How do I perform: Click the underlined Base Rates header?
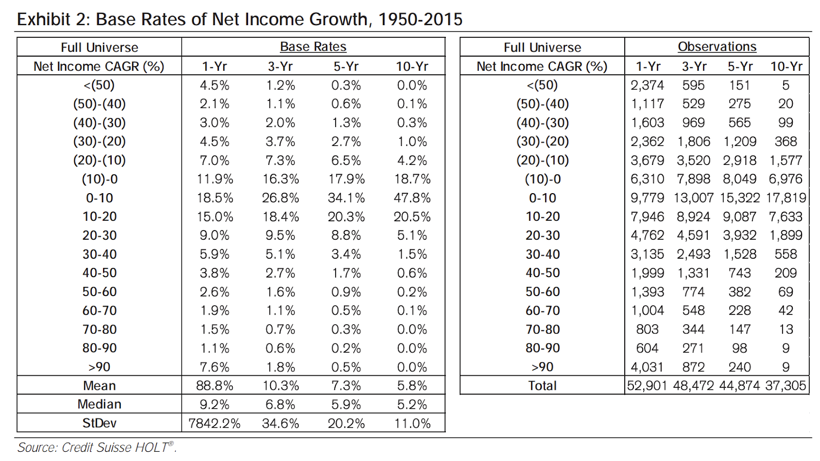point(313,47)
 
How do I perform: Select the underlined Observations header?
point(717,47)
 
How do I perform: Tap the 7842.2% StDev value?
point(215,423)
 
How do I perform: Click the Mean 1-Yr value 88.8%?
point(215,386)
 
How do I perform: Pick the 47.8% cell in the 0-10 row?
point(412,198)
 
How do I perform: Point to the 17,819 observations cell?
point(786,198)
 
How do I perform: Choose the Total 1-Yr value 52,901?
point(647,386)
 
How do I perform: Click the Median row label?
point(99,404)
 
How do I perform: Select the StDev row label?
point(99,423)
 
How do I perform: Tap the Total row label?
point(542,386)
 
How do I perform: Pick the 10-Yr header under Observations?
point(786,66)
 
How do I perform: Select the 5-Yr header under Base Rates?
point(346,66)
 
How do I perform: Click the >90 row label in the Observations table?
point(542,367)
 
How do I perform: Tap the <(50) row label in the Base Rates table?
point(99,85)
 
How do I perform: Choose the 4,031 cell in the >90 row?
point(647,367)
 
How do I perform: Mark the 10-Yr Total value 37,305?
point(786,386)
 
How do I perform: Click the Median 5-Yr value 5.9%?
point(346,404)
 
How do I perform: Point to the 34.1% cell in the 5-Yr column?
point(346,198)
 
